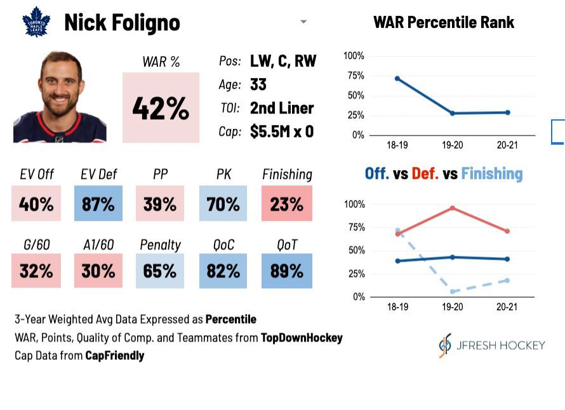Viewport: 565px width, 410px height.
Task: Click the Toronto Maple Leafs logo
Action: pyautogui.click(x=36, y=22)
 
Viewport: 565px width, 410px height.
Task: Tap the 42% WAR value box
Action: pyautogui.click(x=161, y=107)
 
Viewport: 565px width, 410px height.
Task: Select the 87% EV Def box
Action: pyautogui.click(x=98, y=203)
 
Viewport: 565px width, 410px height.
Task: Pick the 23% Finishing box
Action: pyautogui.click(x=287, y=203)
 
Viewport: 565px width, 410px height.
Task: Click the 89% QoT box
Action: pyautogui.click(x=287, y=270)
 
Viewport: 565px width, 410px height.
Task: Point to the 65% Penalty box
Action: pyautogui.click(x=160, y=270)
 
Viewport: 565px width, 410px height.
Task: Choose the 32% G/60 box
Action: pyautogui.click(x=36, y=270)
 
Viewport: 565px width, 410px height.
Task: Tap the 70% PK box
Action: pyautogui.click(x=223, y=203)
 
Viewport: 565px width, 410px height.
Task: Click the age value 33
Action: pyautogui.click(x=258, y=84)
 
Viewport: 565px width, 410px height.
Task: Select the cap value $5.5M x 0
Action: pyautogui.click(x=282, y=131)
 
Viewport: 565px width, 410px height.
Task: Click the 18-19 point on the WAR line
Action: pyautogui.click(x=397, y=79)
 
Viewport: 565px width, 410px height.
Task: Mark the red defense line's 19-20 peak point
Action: pyautogui.click(x=452, y=208)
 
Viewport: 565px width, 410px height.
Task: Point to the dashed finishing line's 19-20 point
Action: pyautogui.click(x=453, y=291)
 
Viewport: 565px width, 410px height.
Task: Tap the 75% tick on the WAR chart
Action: pyautogui.click(x=356, y=76)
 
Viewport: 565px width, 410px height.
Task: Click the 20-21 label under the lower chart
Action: pyautogui.click(x=507, y=307)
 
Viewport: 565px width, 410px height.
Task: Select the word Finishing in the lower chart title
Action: pyautogui.click(x=492, y=174)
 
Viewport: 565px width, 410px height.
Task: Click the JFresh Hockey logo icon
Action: pyautogui.click(x=445, y=345)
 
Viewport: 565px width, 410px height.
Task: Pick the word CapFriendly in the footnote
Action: pyautogui.click(x=114, y=355)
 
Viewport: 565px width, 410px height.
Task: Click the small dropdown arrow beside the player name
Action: pyautogui.click(x=303, y=22)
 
